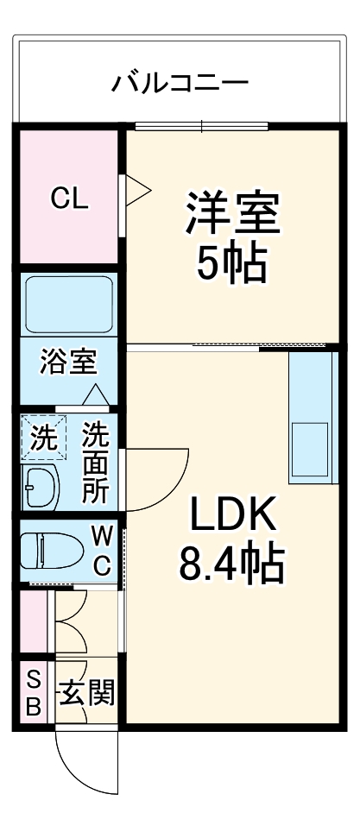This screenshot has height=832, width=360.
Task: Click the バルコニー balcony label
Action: (x=180, y=84)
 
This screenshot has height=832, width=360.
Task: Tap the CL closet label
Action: (x=68, y=199)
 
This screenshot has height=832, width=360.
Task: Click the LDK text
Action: (x=231, y=519)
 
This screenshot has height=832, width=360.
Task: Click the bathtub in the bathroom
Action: (x=67, y=306)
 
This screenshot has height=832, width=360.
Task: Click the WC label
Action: (x=102, y=552)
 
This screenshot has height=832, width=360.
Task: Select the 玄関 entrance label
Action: (x=85, y=693)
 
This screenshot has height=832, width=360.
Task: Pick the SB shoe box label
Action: (x=33, y=693)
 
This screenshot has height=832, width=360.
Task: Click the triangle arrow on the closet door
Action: (x=139, y=191)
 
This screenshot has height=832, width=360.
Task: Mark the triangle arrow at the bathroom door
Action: (x=95, y=395)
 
